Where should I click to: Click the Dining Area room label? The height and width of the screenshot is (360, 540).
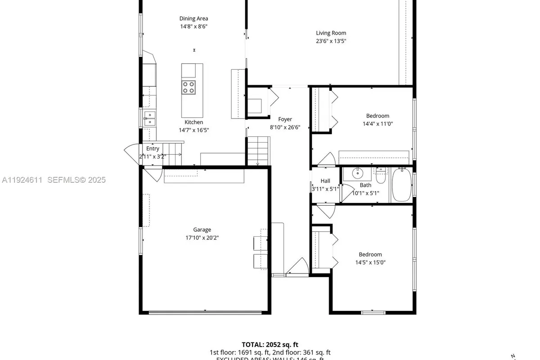click(x=193, y=19)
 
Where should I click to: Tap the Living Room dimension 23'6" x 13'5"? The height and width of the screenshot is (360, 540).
click(x=331, y=41)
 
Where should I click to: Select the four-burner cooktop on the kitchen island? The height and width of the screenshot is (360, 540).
click(x=189, y=87)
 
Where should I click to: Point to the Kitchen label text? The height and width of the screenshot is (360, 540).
click(x=193, y=122)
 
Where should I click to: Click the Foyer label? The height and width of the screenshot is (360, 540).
click(x=285, y=119)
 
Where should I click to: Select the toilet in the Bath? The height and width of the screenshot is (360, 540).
click(x=381, y=177)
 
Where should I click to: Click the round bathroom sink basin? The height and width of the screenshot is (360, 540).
click(x=358, y=173)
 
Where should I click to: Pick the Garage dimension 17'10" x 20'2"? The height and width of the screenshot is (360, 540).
click(x=202, y=238)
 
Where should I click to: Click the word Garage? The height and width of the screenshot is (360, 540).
click(x=202, y=229)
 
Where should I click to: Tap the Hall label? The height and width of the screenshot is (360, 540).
click(x=325, y=181)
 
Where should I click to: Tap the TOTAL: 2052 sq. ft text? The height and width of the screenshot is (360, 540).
click(x=270, y=344)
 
